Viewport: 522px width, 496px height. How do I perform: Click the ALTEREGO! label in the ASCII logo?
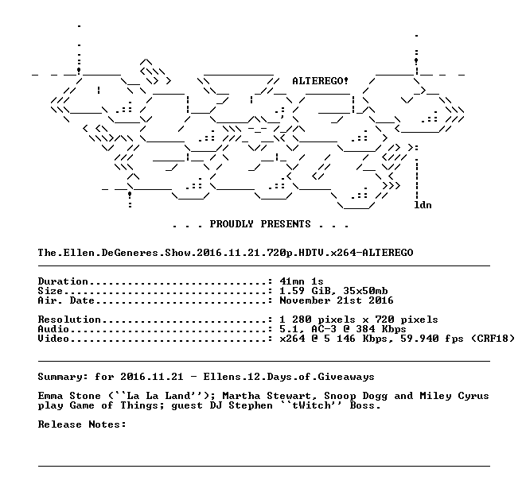(320, 81)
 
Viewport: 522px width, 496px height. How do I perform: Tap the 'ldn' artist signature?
(423, 205)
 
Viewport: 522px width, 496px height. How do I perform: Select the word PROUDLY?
(232, 223)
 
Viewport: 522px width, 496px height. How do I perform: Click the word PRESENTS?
(286, 223)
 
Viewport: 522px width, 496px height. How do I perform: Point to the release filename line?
(225, 253)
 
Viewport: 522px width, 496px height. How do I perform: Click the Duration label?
(63, 281)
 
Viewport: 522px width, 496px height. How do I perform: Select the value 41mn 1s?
(302, 281)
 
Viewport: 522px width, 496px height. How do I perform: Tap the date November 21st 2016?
(337, 300)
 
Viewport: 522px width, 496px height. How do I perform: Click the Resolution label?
(69, 320)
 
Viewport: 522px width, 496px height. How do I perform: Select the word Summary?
(63, 377)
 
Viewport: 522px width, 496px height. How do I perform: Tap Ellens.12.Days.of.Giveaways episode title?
(289, 377)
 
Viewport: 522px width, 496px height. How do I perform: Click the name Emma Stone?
(69, 396)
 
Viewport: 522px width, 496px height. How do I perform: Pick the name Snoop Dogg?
(356, 396)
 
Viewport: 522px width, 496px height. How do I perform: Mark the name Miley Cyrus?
(454, 396)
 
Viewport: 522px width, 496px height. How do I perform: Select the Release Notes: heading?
(82, 424)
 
